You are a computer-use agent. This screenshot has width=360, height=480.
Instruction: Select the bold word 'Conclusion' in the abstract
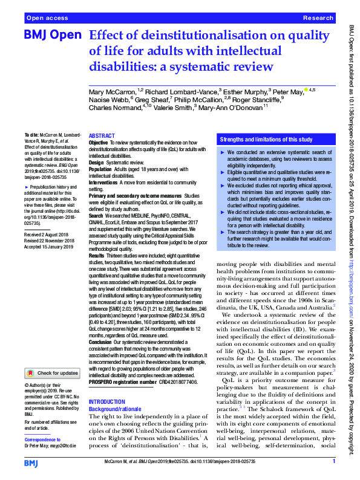pos(102,342)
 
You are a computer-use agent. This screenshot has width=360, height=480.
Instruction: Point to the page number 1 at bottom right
pos(333,462)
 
